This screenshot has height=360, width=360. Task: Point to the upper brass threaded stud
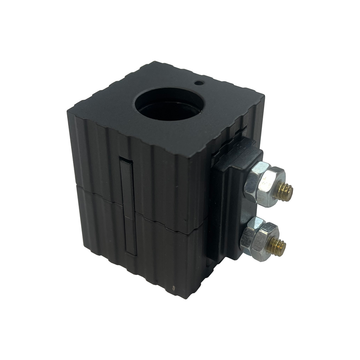(285, 192)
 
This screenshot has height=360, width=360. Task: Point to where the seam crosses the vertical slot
(128, 207)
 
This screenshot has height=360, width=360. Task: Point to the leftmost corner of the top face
(68, 109)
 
